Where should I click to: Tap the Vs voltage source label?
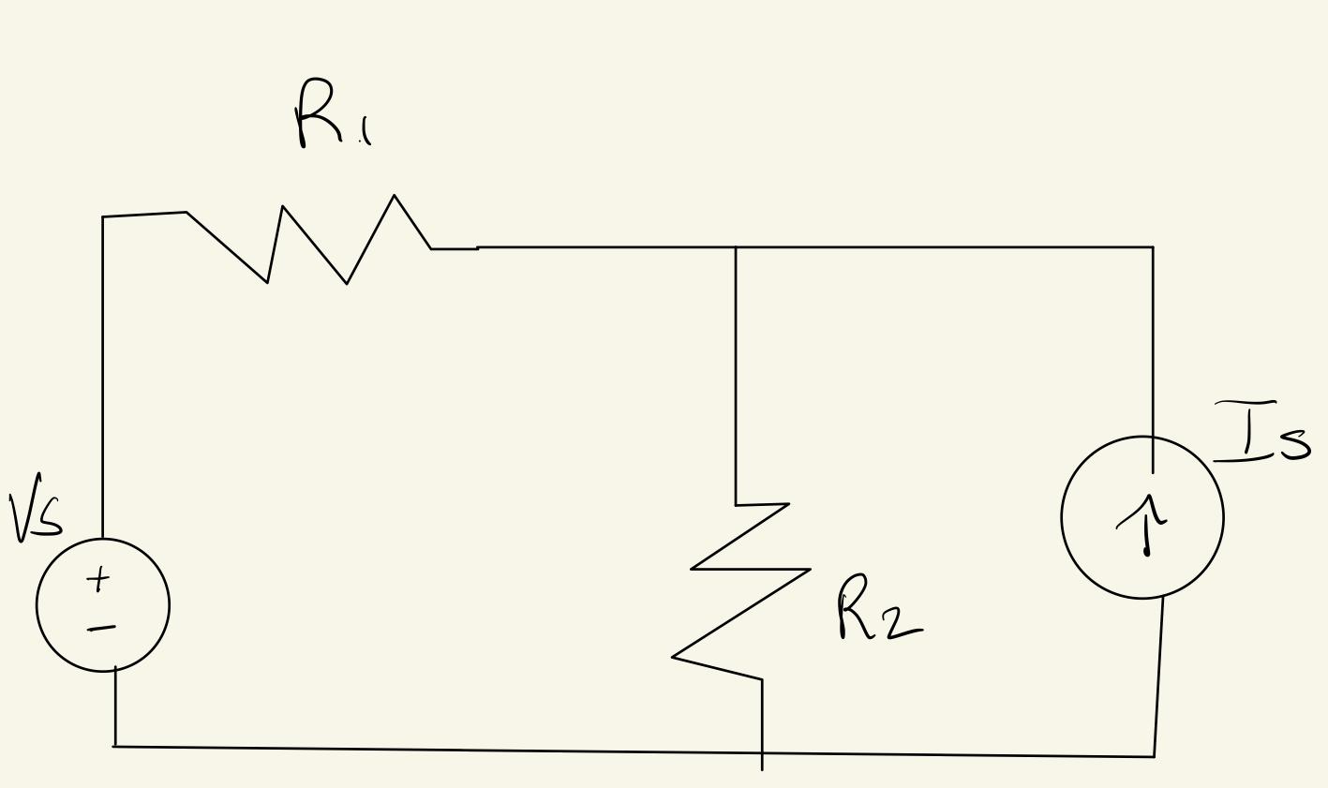36,508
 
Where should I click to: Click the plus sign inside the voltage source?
98,581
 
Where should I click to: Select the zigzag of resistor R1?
309,241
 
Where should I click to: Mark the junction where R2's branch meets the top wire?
736,247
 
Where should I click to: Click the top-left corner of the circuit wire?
103,217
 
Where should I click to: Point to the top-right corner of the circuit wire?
1153,247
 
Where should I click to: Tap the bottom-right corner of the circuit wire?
1154,756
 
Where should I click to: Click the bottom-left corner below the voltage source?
115,747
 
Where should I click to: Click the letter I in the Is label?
1247,431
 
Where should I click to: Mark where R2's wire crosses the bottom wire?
762,751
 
